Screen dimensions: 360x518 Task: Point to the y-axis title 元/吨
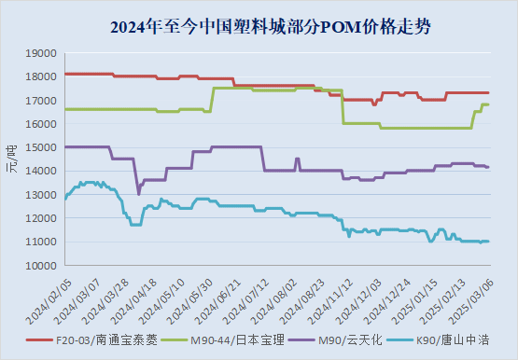point(12,160)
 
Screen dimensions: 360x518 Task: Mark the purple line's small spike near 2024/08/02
point(297,159)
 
